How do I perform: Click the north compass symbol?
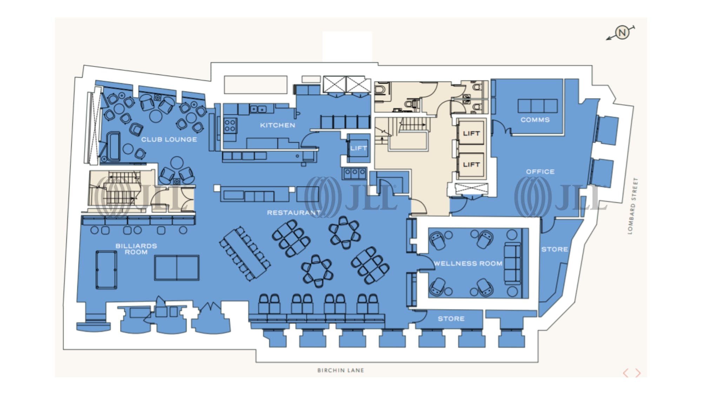[622, 33]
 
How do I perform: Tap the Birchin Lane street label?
[340, 370]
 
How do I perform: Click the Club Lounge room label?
[169, 139]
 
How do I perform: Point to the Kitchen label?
[277, 125]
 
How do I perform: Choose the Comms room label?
[535, 120]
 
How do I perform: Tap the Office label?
[540, 172]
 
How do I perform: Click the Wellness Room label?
[468, 263]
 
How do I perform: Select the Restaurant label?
[293, 213]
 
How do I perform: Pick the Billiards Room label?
[136, 249]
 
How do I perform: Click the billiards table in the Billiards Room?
[106, 270]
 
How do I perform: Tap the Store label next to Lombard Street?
[554, 249]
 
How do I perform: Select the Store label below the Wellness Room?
[451, 319]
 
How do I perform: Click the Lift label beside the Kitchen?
[358, 148]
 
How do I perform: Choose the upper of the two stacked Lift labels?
[471, 133]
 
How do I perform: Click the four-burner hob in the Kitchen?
[230, 126]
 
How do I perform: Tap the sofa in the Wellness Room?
[512, 263]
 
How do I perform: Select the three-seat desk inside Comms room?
[537, 106]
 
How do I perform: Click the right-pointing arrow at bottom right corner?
[638, 373]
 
